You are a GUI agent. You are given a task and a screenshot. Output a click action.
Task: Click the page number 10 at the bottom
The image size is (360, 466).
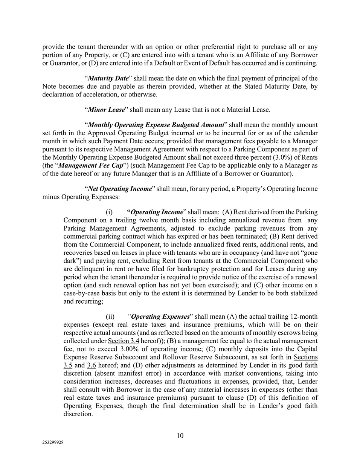coord(180,436)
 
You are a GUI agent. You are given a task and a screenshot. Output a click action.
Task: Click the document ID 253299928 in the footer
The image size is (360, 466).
coord(53,443)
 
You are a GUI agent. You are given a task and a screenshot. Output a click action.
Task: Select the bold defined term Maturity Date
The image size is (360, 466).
coord(108,78)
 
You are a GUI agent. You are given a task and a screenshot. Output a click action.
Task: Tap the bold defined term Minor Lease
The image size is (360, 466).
coord(106,110)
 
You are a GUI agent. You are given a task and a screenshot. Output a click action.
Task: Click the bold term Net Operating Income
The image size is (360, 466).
coord(119,188)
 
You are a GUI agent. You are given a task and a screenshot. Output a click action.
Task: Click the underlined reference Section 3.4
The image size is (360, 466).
coord(124,341)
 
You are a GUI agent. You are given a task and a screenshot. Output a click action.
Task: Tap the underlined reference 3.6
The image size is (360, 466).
coord(92,365)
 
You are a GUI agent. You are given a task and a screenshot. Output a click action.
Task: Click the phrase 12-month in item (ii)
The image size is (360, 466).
coord(305,316)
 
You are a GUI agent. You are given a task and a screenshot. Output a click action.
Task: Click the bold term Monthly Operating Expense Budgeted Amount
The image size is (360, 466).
coord(156,125)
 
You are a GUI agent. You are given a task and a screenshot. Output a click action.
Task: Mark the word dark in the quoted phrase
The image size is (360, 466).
coord(70,261)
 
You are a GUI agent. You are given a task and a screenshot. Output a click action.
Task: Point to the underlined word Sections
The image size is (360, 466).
coord(305,357)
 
